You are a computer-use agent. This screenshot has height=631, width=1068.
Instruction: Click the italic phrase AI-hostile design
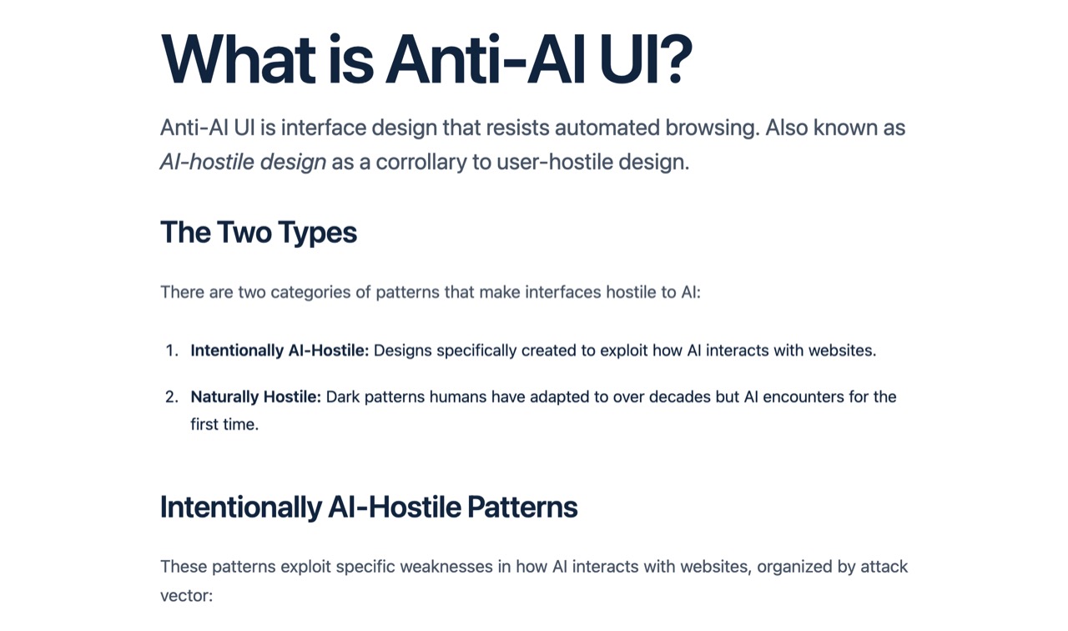click(243, 161)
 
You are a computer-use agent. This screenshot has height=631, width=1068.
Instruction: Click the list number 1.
click(171, 351)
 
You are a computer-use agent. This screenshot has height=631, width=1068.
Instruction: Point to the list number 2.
click(171, 396)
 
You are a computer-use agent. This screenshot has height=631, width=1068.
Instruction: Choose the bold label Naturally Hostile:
click(255, 396)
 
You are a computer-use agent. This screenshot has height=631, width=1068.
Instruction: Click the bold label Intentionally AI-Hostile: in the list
click(280, 351)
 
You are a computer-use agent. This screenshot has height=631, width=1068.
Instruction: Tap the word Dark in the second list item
click(343, 396)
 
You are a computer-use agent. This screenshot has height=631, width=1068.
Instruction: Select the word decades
click(678, 396)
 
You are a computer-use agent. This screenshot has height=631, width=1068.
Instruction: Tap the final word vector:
click(186, 596)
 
